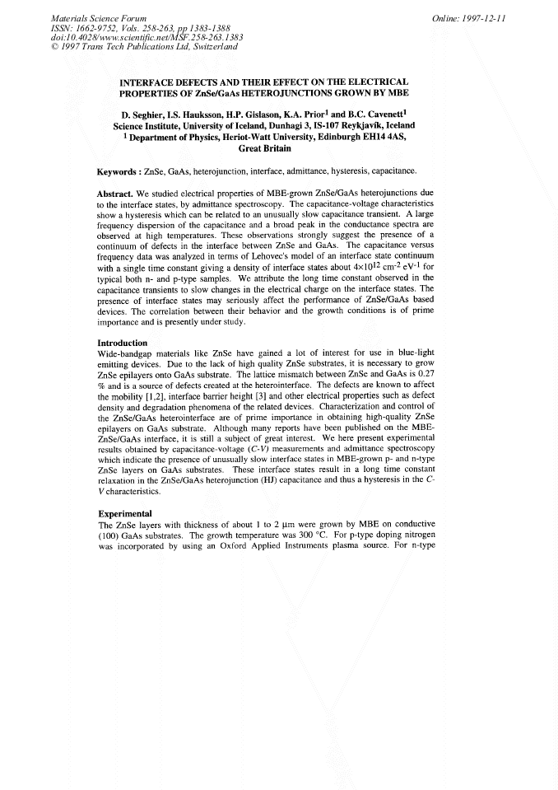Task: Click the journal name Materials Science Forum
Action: [87, 17]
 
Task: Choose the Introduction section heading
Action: [122, 343]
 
